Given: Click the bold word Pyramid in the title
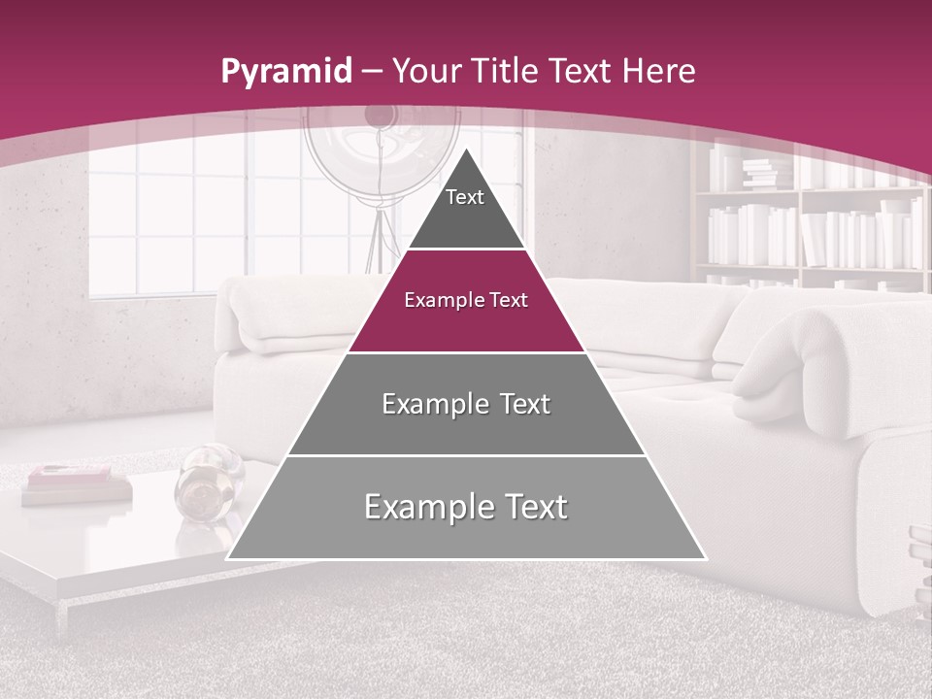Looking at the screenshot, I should pos(285,72).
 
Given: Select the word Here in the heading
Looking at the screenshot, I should pos(659,71).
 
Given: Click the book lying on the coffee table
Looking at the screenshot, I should pos(76,483).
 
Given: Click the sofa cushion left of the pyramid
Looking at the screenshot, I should pos(282,316).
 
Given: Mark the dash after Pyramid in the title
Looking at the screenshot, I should pos(372,73).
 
